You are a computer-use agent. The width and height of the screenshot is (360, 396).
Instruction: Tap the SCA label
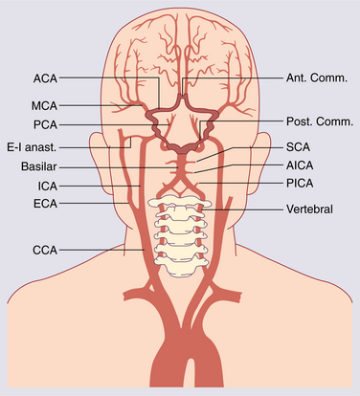pyautogui.click(x=300, y=147)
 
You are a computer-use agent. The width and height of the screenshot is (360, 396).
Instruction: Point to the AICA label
pyautogui.click(x=303, y=164)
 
